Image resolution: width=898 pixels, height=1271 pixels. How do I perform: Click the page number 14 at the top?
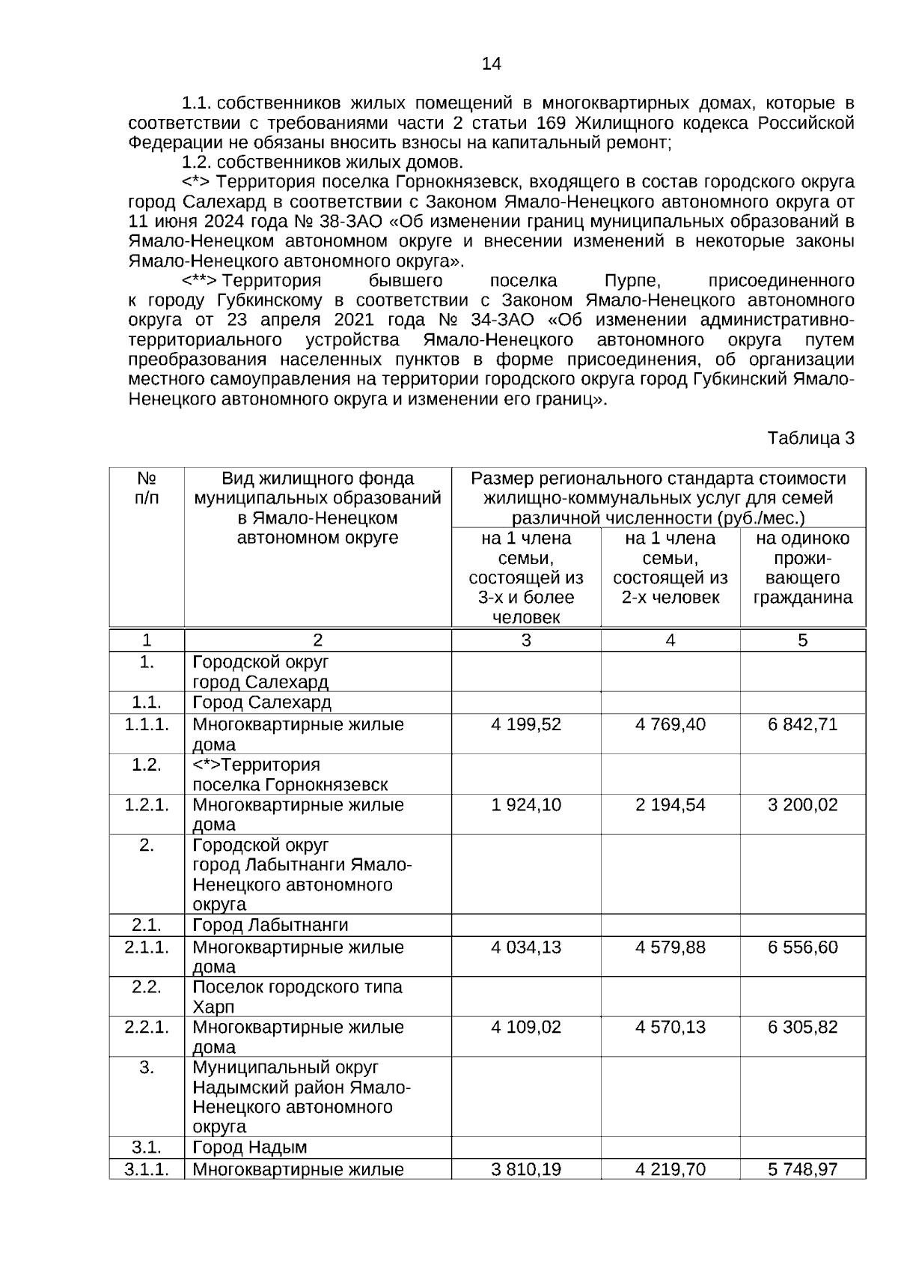tap(491, 64)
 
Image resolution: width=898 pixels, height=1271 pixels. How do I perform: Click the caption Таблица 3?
tap(810, 438)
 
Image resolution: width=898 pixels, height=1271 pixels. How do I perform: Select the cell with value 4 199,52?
tap(526, 724)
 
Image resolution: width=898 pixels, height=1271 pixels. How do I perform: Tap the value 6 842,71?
tap(802, 724)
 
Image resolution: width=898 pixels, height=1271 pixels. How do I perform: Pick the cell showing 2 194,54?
tap(670, 804)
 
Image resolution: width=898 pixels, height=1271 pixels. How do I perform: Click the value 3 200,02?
tap(802, 804)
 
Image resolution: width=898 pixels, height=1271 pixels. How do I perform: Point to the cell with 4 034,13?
tap(526, 947)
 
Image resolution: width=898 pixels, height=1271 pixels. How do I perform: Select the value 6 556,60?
tap(802, 947)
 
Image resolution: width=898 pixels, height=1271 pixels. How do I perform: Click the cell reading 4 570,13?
tap(670, 1027)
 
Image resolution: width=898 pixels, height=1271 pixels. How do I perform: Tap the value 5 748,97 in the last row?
tap(802, 1169)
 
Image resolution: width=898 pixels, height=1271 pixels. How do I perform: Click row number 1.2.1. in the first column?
tap(147, 804)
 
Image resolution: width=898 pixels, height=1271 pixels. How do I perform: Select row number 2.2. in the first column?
tap(147, 986)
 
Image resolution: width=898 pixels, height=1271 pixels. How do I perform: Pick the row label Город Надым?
tap(250, 1147)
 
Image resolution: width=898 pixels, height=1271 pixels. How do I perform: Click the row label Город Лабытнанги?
tap(270, 925)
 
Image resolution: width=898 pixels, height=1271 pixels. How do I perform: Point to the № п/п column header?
tap(147, 488)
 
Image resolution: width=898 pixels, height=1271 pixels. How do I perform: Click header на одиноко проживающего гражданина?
tap(802, 568)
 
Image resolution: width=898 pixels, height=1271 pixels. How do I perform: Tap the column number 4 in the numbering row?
tap(670, 640)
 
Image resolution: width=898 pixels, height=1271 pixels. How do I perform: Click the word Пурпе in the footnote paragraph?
tap(632, 281)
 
